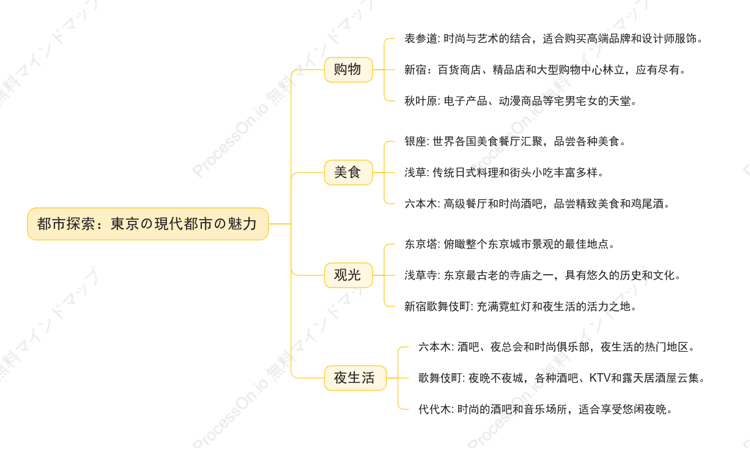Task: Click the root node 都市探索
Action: (x=147, y=224)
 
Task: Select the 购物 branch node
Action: (x=348, y=70)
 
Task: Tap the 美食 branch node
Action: (x=348, y=173)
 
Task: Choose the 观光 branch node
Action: (x=348, y=275)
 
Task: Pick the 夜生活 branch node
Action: (x=355, y=378)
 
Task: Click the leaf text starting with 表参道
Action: (x=553, y=39)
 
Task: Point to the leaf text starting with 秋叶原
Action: (x=521, y=101)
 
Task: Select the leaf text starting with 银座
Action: (x=515, y=141)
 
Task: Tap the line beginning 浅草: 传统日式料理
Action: (x=504, y=173)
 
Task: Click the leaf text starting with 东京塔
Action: (x=509, y=244)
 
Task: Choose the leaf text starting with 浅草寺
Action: (x=543, y=275)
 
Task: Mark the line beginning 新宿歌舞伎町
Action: (x=521, y=307)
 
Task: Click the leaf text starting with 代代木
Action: (x=546, y=409)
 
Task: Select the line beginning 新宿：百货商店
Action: (x=545, y=70)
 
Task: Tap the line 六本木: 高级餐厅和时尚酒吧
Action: (x=537, y=204)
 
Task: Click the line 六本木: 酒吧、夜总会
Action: (x=557, y=347)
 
